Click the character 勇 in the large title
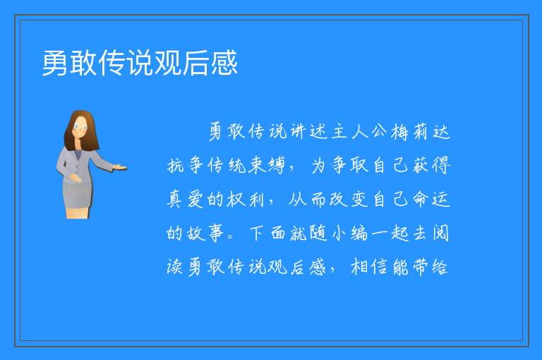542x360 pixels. pos(55,63)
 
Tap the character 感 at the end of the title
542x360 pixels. pos(224,63)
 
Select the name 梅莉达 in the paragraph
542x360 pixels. pos(421,132)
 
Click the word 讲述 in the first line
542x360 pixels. pos(308,132)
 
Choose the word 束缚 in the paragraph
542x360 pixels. pos(266,165)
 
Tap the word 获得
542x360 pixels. pos(430,165)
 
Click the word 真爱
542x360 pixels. pos(185,199)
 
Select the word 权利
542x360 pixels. pos(246,199)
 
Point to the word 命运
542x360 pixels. pos(430,199)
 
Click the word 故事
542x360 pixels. pos(205,233)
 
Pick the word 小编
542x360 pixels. pos(349,233)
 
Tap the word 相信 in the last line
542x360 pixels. pos(369,267)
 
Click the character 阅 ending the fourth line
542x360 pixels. pos(440,233)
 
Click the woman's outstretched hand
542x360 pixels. pos(121,168)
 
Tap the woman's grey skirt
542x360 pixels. pos(78,194)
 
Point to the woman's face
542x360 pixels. pos(80,126)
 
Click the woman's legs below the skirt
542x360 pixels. pos(78,212)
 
